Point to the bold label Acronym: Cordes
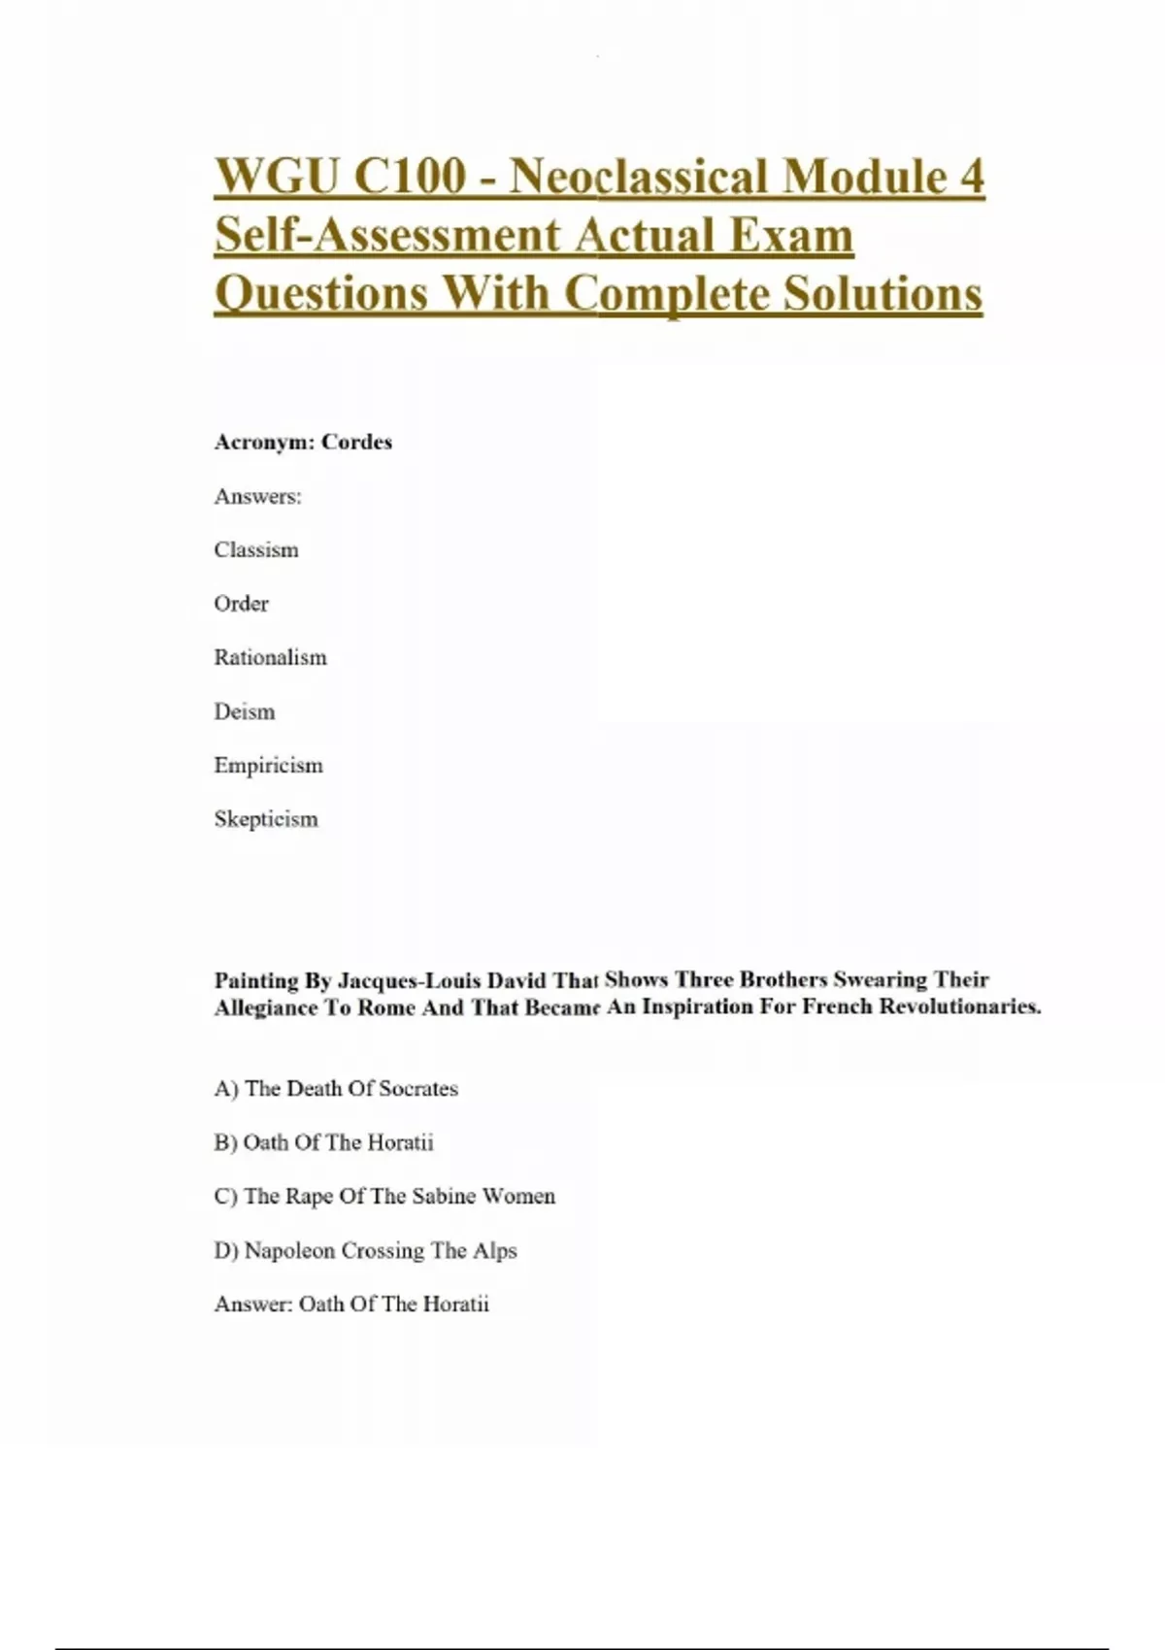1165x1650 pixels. (303, 443)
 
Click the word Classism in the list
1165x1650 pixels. (256, 550)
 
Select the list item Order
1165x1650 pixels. (241, 604)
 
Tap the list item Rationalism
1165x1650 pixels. (270, 658)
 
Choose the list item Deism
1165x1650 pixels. (245, 711)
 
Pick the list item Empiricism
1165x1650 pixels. (268, 766)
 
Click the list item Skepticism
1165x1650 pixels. (266, 819)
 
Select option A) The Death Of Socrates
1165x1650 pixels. (336, 1089)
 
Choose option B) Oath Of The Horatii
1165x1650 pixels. (323, 1142)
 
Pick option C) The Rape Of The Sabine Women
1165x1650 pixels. (384, 1197)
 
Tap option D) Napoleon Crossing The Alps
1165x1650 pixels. (365, 1251)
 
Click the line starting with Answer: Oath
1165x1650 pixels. (351, 1304)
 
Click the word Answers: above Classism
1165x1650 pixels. (257, 497)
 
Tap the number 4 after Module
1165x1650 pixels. (971, 177)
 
